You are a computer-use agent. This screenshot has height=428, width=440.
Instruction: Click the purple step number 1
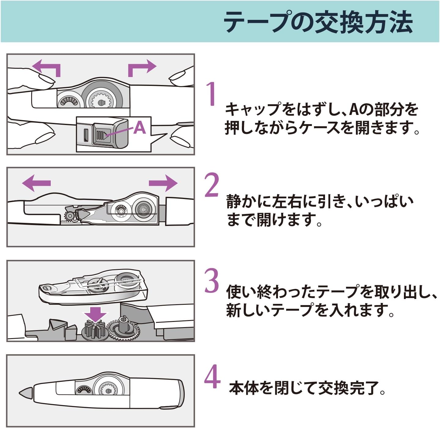211,94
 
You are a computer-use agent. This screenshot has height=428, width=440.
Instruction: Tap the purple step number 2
212,184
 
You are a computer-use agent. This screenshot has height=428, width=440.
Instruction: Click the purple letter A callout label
139,128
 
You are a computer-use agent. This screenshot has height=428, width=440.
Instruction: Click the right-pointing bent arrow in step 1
142,68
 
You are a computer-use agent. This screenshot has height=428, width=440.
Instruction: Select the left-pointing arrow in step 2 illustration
36,183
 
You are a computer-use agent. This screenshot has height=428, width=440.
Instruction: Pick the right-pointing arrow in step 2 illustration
163,183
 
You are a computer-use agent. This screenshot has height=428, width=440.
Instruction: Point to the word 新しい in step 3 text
249,310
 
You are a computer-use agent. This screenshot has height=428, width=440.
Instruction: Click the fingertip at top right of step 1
178,78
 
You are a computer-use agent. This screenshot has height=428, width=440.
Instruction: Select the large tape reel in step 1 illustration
102,98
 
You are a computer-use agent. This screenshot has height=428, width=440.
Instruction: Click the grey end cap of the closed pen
181,394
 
